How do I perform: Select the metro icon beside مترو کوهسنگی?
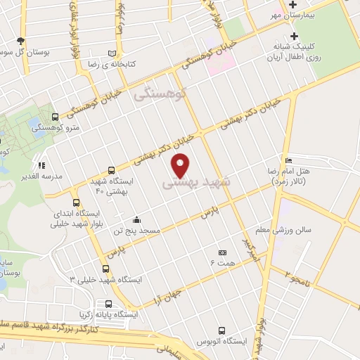point(56,117)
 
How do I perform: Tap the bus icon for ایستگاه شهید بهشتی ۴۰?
point(111,170)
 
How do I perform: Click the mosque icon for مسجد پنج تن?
point(136,219)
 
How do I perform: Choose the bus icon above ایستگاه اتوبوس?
point(222,330)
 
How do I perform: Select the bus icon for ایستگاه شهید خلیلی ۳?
point(105,269)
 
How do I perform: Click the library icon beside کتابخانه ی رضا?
point(112,53)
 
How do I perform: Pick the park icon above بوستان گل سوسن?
point(20,41)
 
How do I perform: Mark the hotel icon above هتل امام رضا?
point(289,160)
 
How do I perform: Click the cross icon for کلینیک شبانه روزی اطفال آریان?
point(295,37)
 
